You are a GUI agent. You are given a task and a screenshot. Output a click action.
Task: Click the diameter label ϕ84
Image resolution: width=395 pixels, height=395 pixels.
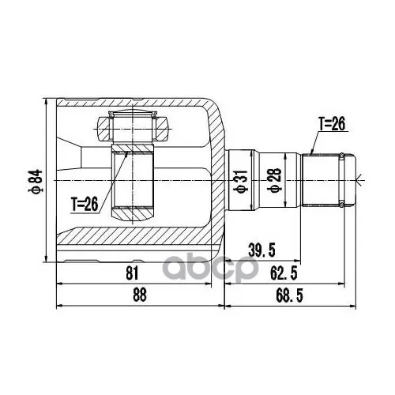36,181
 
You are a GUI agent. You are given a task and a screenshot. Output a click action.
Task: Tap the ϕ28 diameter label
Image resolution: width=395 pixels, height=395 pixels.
274,180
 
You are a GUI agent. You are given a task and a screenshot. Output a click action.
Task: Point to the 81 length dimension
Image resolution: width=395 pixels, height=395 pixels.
132,273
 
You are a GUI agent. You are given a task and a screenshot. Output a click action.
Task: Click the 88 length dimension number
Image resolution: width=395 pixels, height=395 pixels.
140,295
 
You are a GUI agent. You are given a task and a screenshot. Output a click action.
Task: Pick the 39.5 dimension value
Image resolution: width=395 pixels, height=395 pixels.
261,250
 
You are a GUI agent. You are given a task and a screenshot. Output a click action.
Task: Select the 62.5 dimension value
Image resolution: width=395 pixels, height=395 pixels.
284,273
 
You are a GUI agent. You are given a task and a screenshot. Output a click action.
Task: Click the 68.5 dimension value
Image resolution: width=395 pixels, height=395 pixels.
289,295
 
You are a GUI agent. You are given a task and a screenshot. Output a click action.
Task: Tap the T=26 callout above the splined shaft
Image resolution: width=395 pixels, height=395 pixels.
332,124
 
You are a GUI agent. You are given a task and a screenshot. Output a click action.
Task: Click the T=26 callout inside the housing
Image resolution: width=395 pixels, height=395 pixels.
85,205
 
